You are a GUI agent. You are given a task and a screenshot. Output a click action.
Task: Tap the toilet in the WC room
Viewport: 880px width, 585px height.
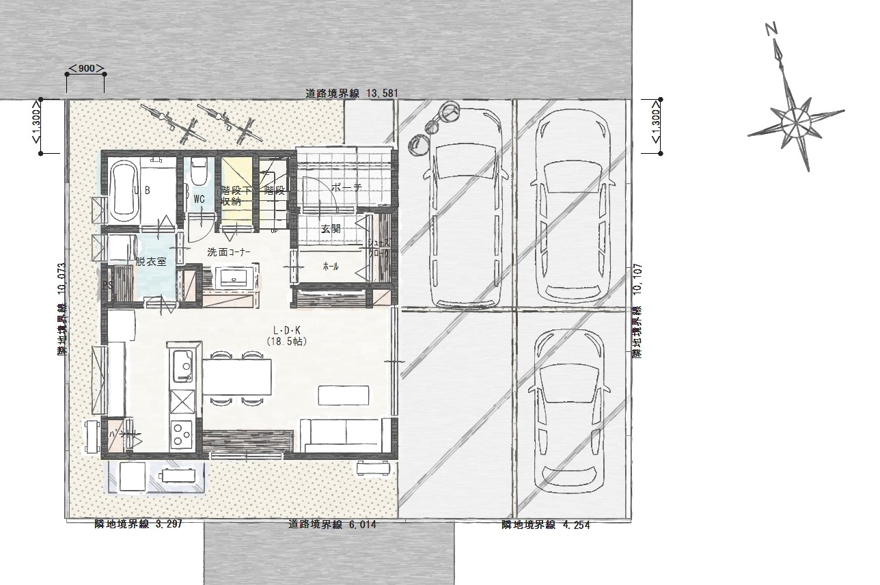tap(199, 170)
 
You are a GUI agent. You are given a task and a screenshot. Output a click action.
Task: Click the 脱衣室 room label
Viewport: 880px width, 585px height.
tap(150, 261)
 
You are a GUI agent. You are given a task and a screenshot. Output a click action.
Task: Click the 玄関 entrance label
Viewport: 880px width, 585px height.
tap(331, 229)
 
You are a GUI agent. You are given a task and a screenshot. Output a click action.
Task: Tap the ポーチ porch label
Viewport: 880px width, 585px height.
tap(346, 187)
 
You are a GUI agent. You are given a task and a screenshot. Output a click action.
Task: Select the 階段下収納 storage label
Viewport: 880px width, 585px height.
tap(232, 195)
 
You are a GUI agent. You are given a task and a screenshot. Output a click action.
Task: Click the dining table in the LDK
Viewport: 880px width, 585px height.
tap(238, 377)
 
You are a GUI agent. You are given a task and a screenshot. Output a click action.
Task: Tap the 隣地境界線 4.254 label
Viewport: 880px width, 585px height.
tap(545, 526)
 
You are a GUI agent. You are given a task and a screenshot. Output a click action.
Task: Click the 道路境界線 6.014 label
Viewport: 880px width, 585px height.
tap(332, 525)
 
